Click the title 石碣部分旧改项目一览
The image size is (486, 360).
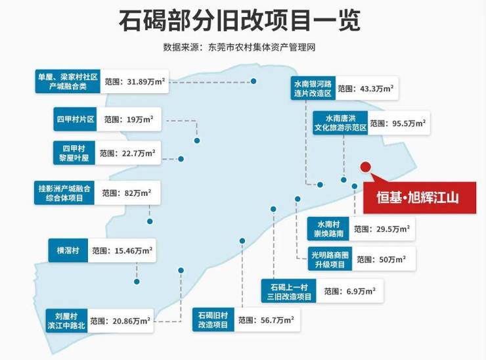[240, 21]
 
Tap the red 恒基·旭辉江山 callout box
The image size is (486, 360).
[420, 198]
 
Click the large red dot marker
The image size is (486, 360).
[366, 167]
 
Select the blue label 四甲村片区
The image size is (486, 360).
[75, 119]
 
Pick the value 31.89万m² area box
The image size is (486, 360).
[135, 81]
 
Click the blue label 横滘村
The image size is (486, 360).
[68, 250]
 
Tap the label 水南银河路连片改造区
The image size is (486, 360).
[313, 88]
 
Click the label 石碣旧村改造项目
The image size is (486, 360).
[213, 320]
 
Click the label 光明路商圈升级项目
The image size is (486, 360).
[330, 259]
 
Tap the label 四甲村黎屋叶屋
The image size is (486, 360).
[74, 153]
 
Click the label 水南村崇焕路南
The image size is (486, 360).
[328, 229]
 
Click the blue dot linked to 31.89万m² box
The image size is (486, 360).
[254, 81]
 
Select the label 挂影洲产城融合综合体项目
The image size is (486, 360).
[64, 192]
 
